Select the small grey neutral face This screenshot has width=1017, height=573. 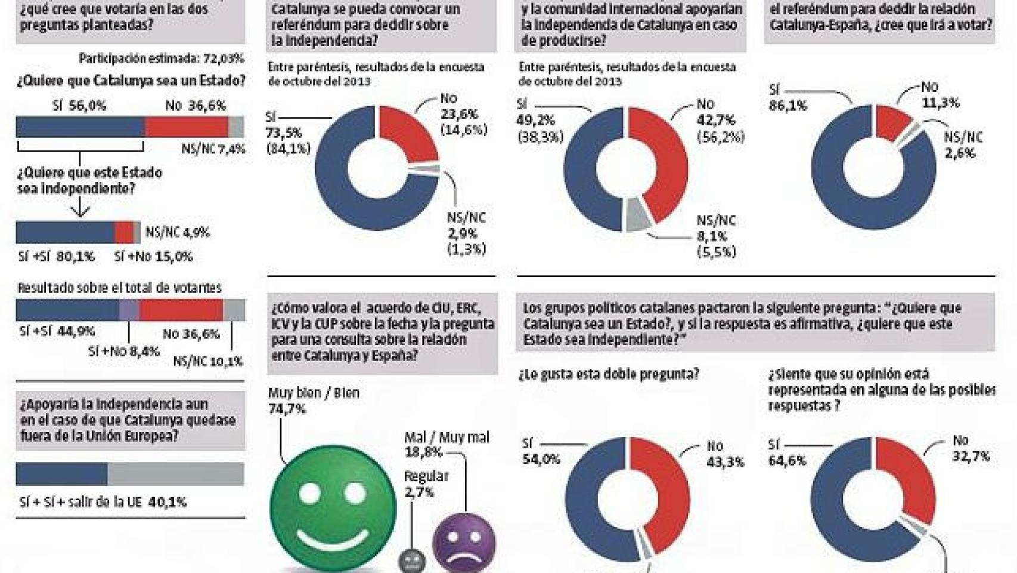pos(412,560)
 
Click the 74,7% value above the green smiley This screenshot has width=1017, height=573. pos(287,409)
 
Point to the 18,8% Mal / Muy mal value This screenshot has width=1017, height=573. pos(423,452)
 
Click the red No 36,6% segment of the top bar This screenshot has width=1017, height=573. pos(187,127)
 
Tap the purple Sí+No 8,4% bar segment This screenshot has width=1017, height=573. pos(129,310)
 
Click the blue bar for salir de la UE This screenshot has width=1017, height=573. pos(61,474)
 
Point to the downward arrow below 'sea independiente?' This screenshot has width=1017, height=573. pos(80,209)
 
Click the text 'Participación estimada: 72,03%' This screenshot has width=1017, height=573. pos(161,58)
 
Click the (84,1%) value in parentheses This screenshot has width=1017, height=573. pos(289,149)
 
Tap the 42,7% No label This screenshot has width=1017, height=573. pos(716,121)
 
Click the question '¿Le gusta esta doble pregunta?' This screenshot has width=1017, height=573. pos(608,374)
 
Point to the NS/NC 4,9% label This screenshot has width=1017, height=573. pos(178,232)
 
